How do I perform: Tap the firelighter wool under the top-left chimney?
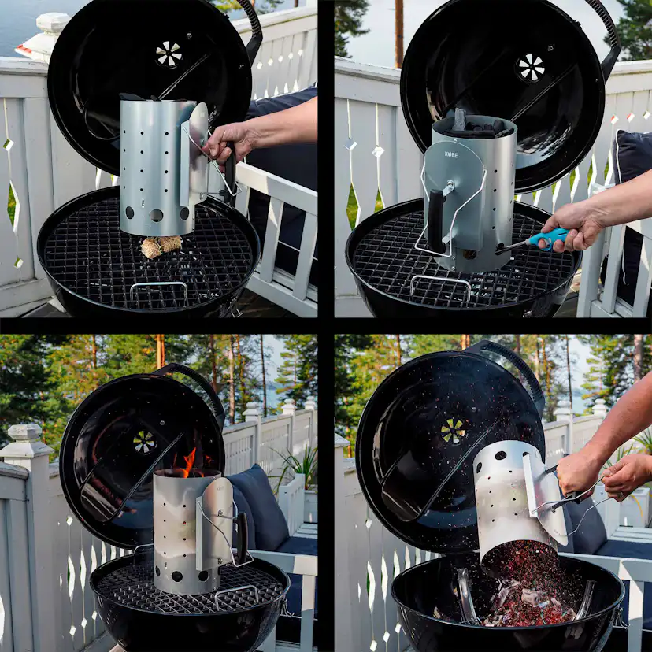coord(161,246)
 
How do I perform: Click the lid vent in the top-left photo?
coord(169,54)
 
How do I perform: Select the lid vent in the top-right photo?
coord(531,68)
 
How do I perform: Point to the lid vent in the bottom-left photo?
coord(144,442)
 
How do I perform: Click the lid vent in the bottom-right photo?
coord(453,430)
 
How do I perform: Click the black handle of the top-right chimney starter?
coord(436,221)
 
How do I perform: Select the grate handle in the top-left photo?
coord(158,290)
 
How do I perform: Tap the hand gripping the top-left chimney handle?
coord(228,142)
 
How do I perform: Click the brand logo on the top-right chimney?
coord(450,154)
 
